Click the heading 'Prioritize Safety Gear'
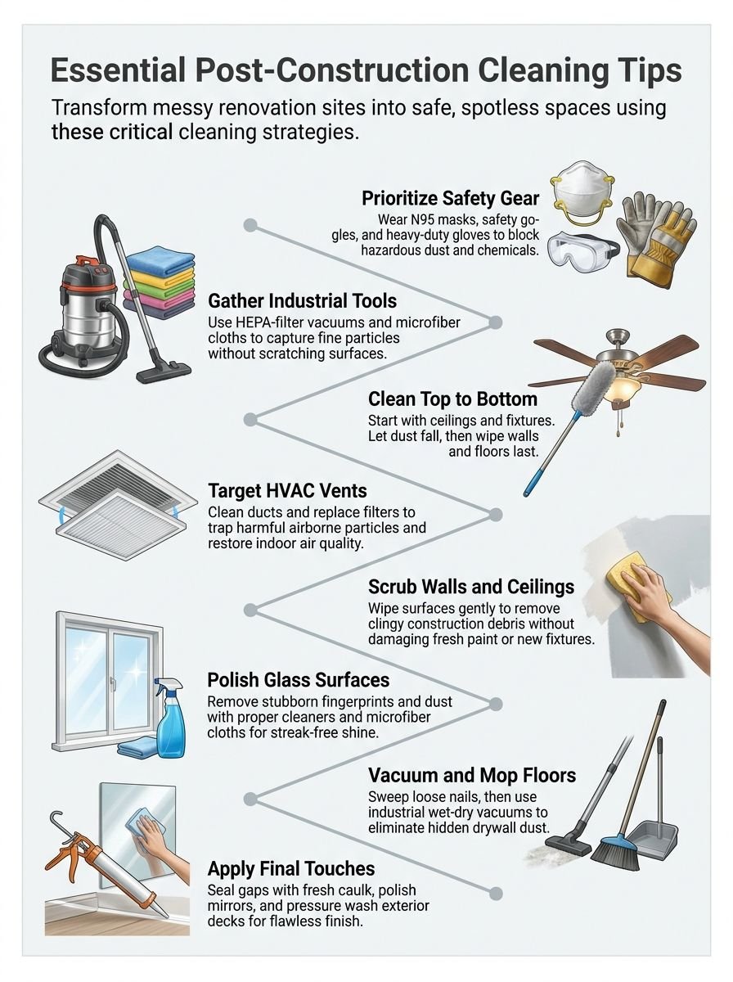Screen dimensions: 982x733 [450, 199]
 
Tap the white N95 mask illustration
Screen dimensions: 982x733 [582, 193]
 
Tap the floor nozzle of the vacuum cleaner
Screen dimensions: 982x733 [164, 374]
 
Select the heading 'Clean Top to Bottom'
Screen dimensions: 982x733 [452, 399]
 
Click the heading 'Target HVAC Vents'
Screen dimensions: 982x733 [287, 492]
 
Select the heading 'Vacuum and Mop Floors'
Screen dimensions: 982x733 [472, 775]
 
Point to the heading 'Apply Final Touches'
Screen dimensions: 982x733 [291, 869]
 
